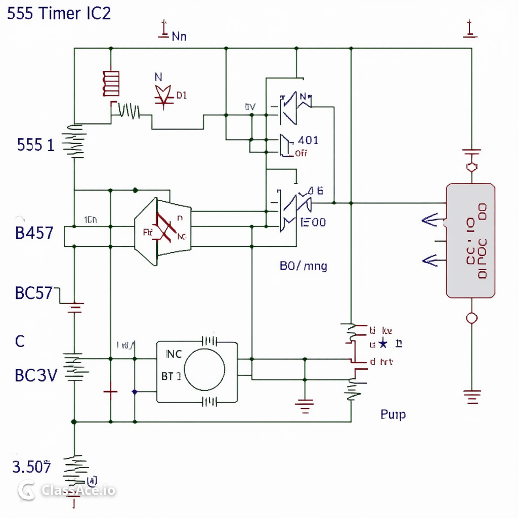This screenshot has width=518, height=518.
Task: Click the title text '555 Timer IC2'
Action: pyautogui.click(x=59, y=14)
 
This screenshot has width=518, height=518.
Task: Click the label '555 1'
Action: pyautogui.click(x=35, y=146)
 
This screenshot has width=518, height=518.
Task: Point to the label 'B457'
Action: pyautogui.click(x=34, y=234)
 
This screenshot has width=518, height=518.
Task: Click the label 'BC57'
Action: pyautogui.click(x=34, y=293)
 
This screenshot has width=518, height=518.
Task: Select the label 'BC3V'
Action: pyautogui.click(x=36, y=375)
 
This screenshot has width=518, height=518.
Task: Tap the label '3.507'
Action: pyautogui.click(x=31, y=467)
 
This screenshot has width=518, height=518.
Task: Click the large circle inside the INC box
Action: pyautogui.click(x=204, y=369)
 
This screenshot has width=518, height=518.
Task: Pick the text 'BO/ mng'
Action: pyautogui.click(x=303, y=266)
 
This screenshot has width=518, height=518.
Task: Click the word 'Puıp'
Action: pyautogui.click(x=393, y=415)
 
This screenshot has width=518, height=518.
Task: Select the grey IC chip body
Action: pyautogui.click(x=470, y=240)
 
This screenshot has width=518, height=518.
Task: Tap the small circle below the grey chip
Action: pyautogui.click(x=471, y=318)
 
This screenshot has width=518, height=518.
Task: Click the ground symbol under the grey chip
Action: pyautogui.click(x=472, y=397)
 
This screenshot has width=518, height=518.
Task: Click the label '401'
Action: pyautogui.click(x=309, y=141)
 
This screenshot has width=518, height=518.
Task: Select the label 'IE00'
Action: pyautogui.click(x=313, y=222)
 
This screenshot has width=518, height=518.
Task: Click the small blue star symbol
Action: pyautogui.click(x=383, y=344)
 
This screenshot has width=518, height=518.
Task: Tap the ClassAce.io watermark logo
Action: pyautogui.click(x=26, y=490)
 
